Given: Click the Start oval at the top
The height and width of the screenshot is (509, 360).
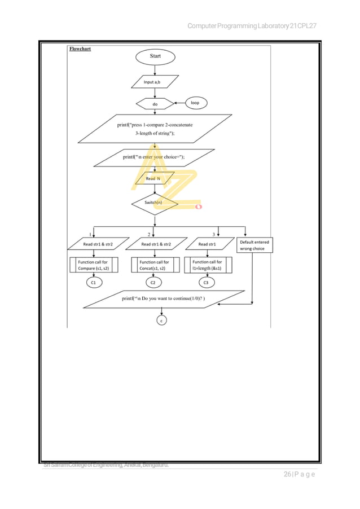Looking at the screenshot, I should (155, 56).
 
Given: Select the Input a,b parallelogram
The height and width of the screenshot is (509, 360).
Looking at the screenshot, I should (155, 82).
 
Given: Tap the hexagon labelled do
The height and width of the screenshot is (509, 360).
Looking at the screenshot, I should (155, 104).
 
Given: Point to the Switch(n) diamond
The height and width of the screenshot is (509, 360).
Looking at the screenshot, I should (155, 202).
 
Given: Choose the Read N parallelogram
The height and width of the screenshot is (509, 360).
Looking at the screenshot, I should (153, 179).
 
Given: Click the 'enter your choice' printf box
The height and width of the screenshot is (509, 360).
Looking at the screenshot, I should (153, 157).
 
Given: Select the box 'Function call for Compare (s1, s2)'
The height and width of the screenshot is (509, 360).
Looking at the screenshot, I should (94, 265).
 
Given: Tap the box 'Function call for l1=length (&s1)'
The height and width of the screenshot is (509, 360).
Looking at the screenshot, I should (207, 265).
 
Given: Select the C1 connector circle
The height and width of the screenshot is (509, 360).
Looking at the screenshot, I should (94, 282).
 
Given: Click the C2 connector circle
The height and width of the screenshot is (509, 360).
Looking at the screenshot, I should (153, 282).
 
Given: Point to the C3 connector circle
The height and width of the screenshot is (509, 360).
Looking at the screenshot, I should (206, 282).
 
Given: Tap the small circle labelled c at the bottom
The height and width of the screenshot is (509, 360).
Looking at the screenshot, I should (161, 321).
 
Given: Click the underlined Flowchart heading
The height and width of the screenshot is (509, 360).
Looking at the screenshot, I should (80, 49).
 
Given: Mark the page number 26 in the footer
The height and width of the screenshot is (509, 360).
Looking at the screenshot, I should (289, 474).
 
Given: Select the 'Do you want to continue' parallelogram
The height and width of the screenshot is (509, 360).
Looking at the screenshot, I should (164, 299).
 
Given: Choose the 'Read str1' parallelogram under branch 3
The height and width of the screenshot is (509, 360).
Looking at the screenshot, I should (208, 244).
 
